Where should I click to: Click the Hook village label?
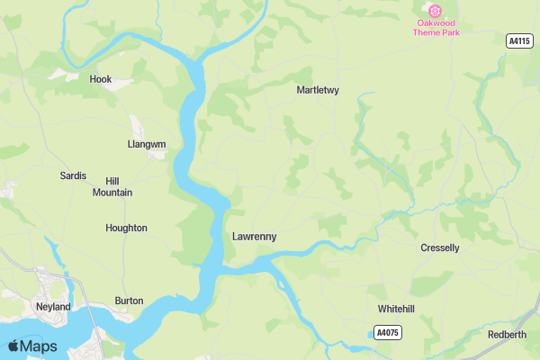coord(101,79)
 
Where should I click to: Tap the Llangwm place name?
coord(147,144)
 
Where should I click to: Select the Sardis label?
coord(73,175)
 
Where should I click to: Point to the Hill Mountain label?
coord(112,187)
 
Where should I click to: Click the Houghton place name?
coord(126,228)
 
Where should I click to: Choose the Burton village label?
coord(129,301)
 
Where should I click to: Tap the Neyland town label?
coord(53,307)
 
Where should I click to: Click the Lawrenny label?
coord(254,237)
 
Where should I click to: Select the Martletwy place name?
coord(317,90)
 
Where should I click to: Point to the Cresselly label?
coord(440,247)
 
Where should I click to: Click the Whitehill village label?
coord(396,309)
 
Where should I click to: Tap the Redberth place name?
coord(507,335)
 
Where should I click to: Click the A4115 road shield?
coord(519,40)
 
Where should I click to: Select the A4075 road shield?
coord(387,333)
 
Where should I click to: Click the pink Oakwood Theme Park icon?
coord(436,11)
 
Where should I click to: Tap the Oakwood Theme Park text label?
coord(436,27)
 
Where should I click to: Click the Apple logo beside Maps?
coord(13,346)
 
